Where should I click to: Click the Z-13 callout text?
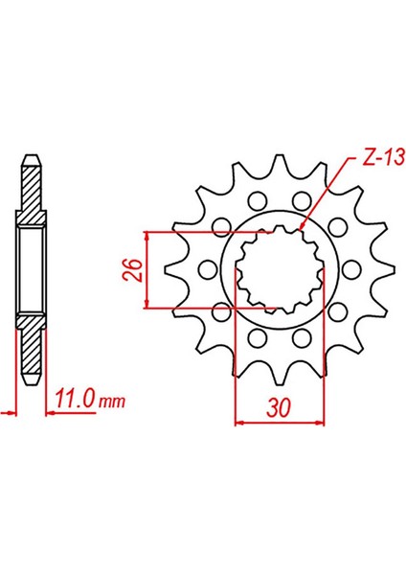point(383,157)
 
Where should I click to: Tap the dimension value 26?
point(134,270)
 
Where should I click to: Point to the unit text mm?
point(112,402)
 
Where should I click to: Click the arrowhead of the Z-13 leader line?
point(302,227)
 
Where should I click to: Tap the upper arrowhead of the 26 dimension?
point(147,236)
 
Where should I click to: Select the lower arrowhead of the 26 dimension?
point(147,303)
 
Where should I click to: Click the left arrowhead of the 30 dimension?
point(239,423)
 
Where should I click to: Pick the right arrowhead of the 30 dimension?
point(320,423)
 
